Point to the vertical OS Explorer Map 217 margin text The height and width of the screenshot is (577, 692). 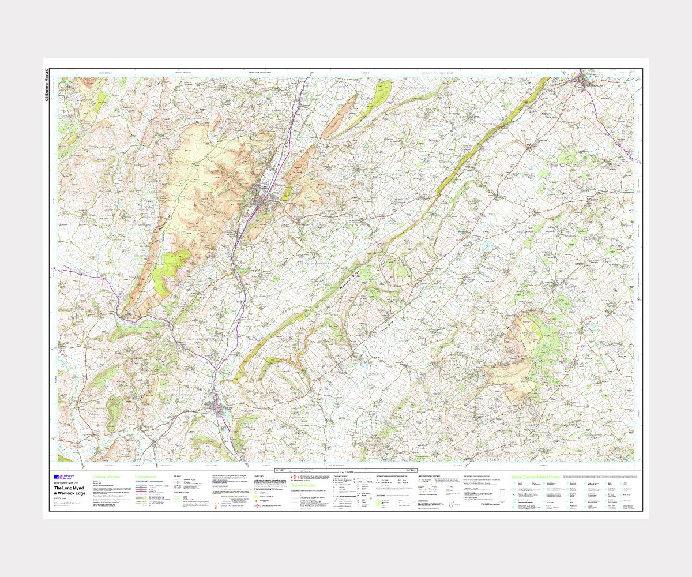point(47,85)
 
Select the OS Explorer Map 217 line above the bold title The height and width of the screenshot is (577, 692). point(66,483)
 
